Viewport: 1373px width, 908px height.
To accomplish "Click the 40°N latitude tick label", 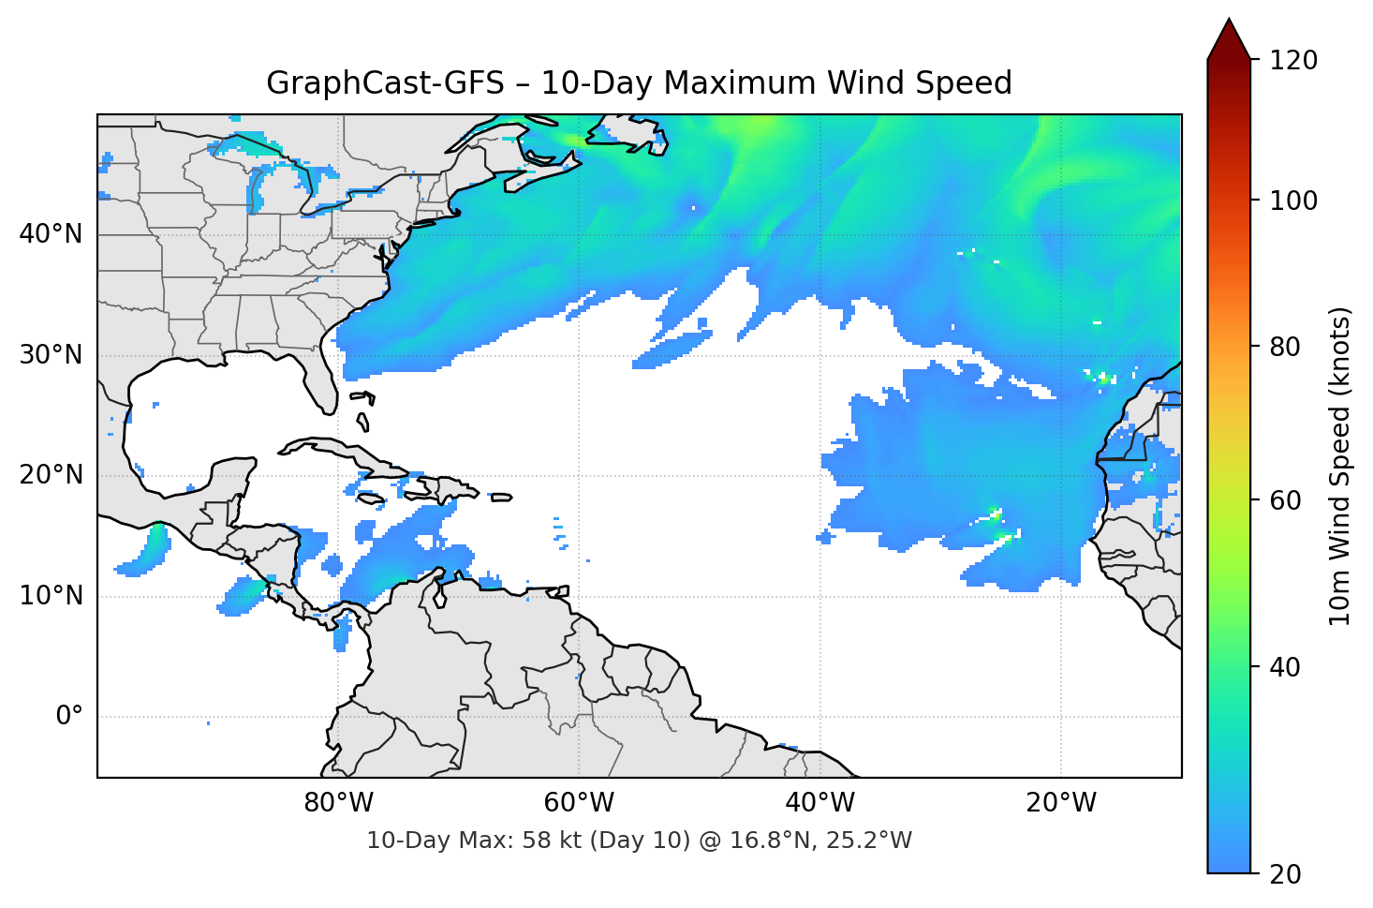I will [51, 234].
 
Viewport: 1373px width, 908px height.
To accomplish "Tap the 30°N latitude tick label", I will [51, 355].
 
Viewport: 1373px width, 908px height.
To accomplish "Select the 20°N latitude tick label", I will [51, 475].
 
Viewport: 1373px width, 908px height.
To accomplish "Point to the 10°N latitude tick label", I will [51, 596].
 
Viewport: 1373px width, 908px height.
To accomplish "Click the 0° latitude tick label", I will [69, 717].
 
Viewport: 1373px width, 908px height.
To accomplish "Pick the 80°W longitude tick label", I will [338, 803].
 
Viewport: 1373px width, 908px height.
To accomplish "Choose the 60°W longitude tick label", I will [579, 803].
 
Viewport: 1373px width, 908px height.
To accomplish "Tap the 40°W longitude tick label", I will [819, 803].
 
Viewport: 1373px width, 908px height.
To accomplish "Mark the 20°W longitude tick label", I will [1060, 803].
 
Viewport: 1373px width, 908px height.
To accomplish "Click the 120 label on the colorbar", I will [1292, 61].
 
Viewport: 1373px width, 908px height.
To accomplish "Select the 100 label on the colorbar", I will [1292, 201].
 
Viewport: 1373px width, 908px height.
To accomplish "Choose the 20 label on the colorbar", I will [1285, 874].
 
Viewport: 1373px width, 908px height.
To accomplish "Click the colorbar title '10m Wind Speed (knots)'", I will [1340, 467].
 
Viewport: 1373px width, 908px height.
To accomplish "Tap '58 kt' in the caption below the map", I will [550, 841].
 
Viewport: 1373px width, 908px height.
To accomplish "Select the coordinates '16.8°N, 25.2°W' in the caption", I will [820, 841].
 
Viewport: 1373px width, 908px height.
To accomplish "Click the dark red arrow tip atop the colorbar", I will [1229, 37].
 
